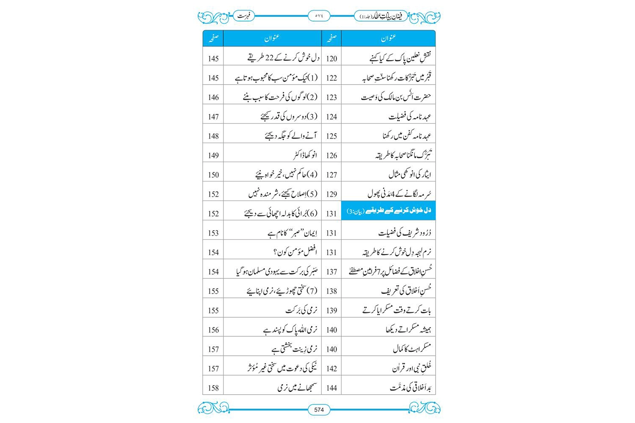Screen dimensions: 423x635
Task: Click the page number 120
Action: point(331,59)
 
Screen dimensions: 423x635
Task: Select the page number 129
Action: point(331,194)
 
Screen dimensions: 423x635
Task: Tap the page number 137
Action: point(331,272)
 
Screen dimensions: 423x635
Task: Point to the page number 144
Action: point(331,388)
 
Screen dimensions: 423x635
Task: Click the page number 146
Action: point(213,98)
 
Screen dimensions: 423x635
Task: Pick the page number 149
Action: point(213,156)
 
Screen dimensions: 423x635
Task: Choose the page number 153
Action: point(213,233)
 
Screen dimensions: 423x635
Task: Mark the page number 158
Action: point(213,388)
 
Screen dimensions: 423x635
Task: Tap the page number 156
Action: point(213,330)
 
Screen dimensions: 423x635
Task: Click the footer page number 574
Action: point(319,409)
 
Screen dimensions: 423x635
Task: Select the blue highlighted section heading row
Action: point(388,211)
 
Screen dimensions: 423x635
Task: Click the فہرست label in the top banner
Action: point(244,16)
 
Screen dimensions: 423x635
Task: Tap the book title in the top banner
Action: point(380,16)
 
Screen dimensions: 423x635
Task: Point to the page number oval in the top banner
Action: point(319,16)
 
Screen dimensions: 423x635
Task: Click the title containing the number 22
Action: point(284,58)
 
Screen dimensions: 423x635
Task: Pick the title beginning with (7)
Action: point(282,291)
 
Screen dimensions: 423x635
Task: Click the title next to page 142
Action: point(411,368)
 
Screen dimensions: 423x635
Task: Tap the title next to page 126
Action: point(403,155)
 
